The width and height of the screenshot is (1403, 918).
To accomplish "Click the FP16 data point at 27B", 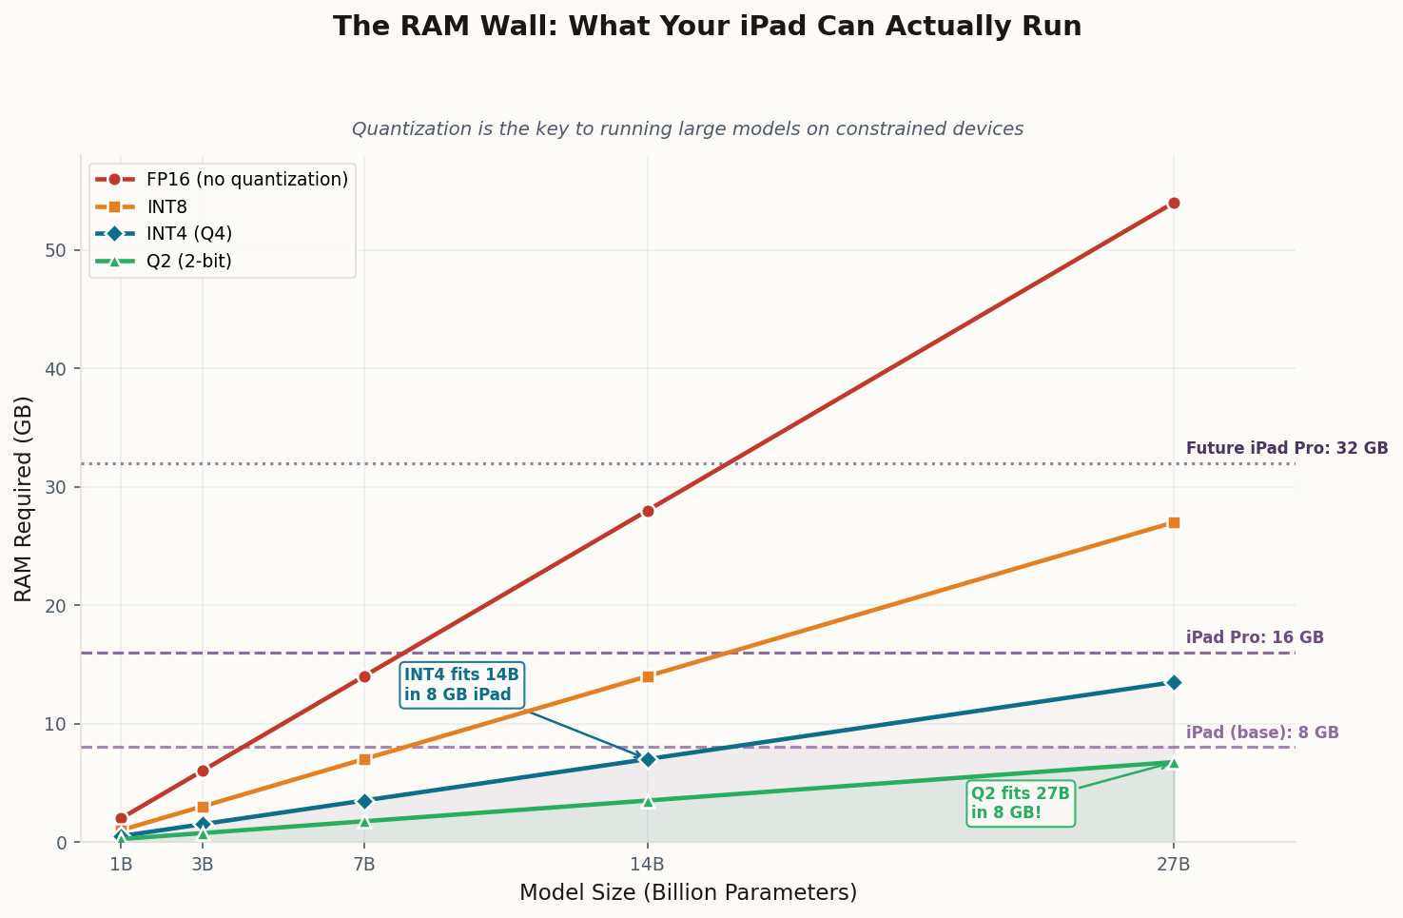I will pyautogui.click(x=1174, y=203).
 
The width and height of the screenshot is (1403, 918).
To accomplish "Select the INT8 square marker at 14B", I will pyautogui.click(x=648, y=676).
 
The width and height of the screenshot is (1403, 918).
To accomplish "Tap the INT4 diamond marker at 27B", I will pyautogui.click(x=1174, y=682).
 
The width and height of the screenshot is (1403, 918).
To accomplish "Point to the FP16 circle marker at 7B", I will pyautogui.click(x=364, y=676).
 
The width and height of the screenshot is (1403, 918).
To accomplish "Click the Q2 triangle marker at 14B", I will pyautogui.click(x=648, y=801).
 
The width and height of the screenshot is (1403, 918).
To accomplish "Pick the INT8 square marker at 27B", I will pyautogui.click(x=1174, y=522).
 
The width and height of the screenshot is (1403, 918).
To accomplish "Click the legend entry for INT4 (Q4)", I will pyautogui.click(x=188, y=233).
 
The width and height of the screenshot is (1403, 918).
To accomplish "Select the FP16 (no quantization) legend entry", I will pyautogui.click(x=246, y=179).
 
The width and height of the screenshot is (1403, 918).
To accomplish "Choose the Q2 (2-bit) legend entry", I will pyautogui.click(x=188, y=261).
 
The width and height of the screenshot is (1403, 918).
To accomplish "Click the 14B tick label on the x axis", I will pyautogui.click(x=648, y=864).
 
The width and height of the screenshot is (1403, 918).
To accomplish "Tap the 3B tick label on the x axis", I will pyautogui.click(x=203, y=864).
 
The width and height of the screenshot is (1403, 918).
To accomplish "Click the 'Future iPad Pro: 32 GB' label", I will pyautogui.click(x=1287, y=448).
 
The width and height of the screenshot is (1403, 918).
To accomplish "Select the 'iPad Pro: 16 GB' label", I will pyautogui.click(x=1255, y=637).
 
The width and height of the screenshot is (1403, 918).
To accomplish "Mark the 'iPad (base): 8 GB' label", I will pyautogui.click(x=1262, y=732).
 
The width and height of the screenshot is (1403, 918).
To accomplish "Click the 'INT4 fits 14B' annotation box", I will pyautogui.click(x=462, y=684).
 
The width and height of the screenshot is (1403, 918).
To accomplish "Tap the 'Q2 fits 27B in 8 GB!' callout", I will pyautogui.click(x=1021, y=803).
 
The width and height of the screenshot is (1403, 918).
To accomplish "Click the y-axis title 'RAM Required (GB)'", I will pyautogui.click(x=24, y=498).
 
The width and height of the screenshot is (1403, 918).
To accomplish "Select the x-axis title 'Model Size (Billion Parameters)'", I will pyautogui.click(x=688, y=892).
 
